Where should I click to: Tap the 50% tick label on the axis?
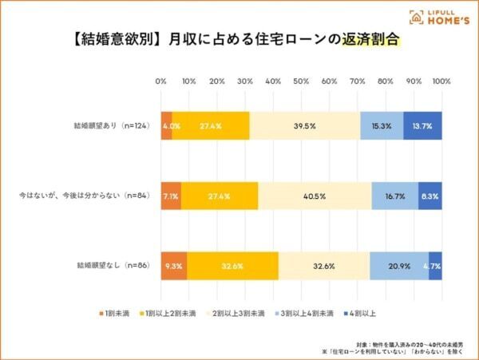tap(301, 81)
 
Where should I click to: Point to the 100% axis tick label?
tap(441, 81)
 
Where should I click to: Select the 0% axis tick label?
tap(160, 81)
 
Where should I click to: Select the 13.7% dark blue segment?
tap(422, 126)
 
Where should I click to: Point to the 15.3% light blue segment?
tap(382, 126)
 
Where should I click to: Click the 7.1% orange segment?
tap(170, 195)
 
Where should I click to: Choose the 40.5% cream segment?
tap(315, 195)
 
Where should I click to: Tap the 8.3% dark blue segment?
tap(430, 195)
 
